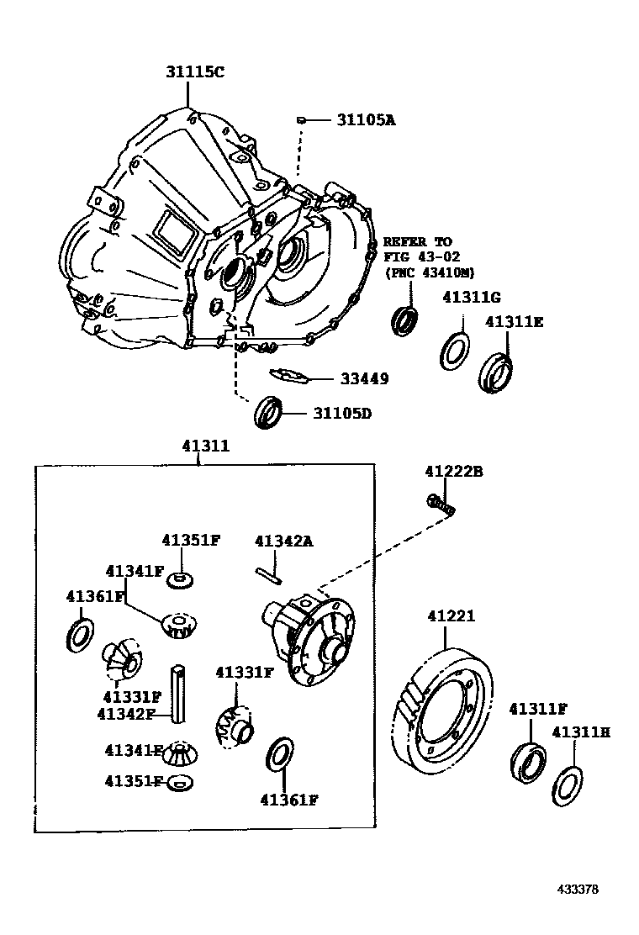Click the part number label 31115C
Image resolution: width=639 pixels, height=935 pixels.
(194, 73)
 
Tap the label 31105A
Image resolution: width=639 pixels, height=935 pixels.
(366, 120)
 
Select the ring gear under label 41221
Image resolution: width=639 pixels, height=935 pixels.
(442, 711)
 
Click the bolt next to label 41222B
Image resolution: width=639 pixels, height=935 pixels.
(439, 504)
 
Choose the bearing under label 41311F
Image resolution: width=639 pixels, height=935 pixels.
(527, 759)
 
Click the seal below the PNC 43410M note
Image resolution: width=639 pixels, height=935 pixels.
(405, 320)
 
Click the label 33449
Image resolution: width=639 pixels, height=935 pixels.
(364, 379)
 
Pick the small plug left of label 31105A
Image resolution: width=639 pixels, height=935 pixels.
(299, 120)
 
